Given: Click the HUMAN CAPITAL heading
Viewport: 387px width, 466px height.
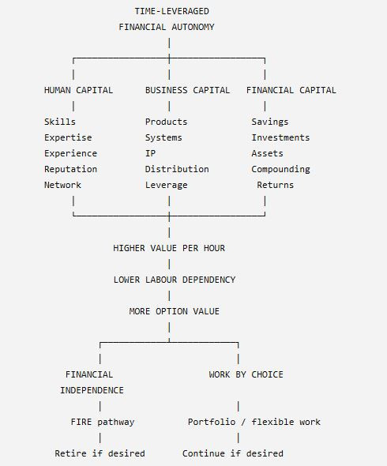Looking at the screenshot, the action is point(78,90).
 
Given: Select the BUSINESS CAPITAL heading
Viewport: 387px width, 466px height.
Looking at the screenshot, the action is point(187,90).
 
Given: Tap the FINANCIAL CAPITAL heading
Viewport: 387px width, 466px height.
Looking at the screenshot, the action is point(291,90).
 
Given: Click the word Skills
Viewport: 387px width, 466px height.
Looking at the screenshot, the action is point(60,122).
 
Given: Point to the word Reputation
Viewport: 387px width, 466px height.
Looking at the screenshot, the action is point(70,169).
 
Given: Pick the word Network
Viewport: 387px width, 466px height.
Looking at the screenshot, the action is point(62,185).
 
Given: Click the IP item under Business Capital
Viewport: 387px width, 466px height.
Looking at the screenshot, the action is point(150,153).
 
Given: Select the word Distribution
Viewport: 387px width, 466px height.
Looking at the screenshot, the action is point(177,169).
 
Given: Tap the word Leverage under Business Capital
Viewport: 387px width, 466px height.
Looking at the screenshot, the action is point(166,185).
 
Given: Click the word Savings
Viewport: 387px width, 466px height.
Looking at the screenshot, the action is point(270,122).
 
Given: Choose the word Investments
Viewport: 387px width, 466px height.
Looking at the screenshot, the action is point(280,137).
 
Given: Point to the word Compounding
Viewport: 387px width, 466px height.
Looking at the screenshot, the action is point(280,169).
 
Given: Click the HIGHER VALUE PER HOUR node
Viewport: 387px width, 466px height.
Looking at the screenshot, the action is point(169,248).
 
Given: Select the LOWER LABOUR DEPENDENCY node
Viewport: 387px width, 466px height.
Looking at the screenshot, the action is point(175,280).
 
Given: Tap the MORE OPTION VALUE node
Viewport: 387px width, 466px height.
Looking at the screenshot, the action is point(175,311).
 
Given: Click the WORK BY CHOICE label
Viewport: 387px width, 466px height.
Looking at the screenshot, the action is point(246,374).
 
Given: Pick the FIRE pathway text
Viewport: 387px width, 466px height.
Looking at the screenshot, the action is point(103,422).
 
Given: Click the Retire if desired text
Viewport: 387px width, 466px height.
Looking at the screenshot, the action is point(100,453).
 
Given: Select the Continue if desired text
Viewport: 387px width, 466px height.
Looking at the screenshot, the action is point(233,453).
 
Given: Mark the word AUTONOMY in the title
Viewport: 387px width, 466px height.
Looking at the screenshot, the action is point(193,27).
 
